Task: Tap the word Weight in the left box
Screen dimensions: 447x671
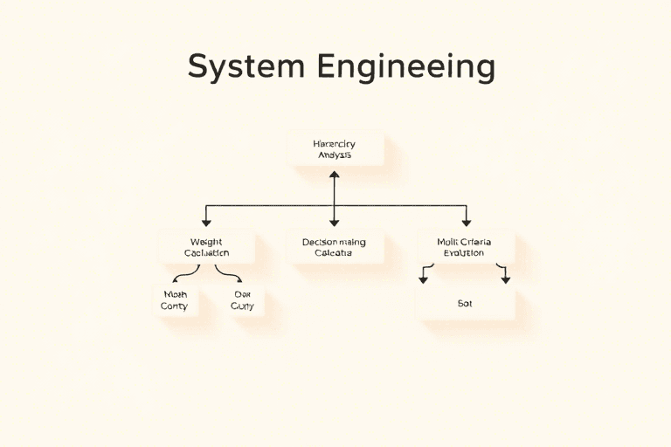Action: pyautogui.click(x=207, y=241)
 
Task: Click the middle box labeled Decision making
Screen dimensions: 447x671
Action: pyautogui.click(x=334, y=247)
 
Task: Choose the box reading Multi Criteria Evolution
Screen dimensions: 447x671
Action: pyautogui.click(x=465, y=247)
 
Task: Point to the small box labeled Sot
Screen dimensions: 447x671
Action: pyautogui.click(x=465, y=304)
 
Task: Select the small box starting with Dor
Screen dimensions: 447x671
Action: pyautogui.click(x=241, y=300)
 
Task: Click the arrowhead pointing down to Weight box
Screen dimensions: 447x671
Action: pyautogui.click(x=207, y=222)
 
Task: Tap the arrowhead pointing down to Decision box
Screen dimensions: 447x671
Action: pyautogui.click(x=334, y=222)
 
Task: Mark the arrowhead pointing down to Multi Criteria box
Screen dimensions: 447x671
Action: pyautogui.click(x=466, y=222)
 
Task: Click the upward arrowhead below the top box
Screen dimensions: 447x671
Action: pyautogui.click(x=334, y=175)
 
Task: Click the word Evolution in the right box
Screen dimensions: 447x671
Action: pyautogui.click(x=464, y=253)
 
